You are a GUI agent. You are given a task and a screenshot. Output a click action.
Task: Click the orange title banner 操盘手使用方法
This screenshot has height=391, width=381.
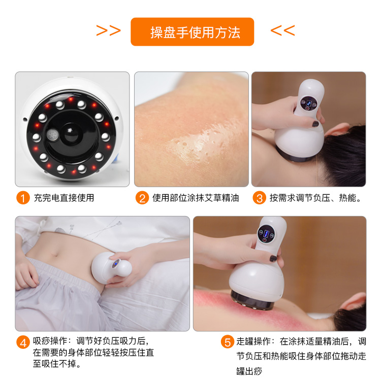[192, 32]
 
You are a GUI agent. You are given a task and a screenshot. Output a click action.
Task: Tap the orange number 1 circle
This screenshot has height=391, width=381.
[23, 198]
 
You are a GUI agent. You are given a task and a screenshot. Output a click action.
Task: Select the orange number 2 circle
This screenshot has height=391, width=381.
[142, 198]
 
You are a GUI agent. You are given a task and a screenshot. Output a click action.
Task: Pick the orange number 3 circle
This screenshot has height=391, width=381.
[260, 198]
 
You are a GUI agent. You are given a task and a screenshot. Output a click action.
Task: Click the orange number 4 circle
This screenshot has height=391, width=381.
[23, 342]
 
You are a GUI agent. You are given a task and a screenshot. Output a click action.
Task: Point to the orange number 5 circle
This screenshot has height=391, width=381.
[227, 342]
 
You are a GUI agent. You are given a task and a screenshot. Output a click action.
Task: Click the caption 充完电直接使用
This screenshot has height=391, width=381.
[64, 198]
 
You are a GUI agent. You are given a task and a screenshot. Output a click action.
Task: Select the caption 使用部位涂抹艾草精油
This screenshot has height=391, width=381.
[196, 198]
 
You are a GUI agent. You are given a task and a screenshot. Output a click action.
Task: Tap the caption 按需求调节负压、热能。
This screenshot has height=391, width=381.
[315, 198]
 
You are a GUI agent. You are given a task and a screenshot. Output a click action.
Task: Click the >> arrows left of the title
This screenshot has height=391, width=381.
[108, 31]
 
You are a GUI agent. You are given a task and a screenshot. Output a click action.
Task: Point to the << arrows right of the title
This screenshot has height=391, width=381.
[282, 31]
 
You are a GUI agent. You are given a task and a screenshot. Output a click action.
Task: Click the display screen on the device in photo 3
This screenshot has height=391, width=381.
[308, 102]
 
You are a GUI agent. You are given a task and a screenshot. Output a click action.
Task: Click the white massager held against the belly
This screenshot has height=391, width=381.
[109, 265]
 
